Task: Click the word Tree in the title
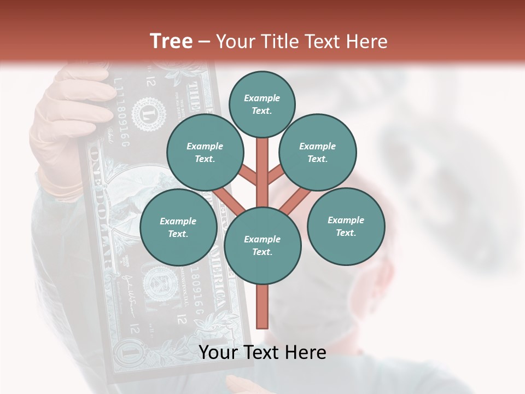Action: pos(171,41)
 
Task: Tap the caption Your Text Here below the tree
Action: pos(262,352)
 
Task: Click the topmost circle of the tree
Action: pos(262,104)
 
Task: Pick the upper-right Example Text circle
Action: pos(317,153)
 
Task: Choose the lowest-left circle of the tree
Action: pos(178,228)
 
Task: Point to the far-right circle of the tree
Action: pos(346,227)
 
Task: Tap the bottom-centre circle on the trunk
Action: pos(262,246)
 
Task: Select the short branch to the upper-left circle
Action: pos(247,175)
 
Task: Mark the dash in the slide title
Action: pos(204,42)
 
